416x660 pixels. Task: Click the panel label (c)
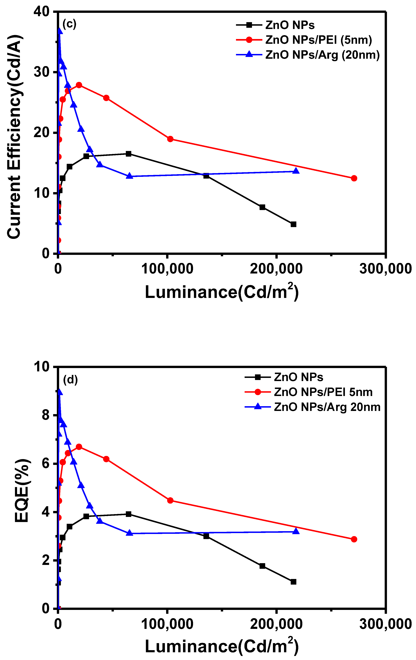click(x=69, y=24)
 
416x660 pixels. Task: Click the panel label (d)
click(x=70, y=380)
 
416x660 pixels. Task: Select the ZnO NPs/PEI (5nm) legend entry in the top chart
click(x=318, y=40)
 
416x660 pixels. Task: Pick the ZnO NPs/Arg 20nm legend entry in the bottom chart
click(x=327, y=407)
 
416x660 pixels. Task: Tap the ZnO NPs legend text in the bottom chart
click(x=299, y=377)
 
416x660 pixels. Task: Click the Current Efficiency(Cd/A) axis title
click(x=14, y=137)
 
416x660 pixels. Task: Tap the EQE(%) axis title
click(x=21, y=491)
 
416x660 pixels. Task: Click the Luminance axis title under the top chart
click(x=222, y=292)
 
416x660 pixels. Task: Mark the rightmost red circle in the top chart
click(x=354, y=178)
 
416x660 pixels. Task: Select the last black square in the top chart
click(x=293, y=224)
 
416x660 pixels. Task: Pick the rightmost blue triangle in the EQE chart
click(x=296, y=531)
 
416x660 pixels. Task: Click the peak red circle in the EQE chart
click(x=79, y=447)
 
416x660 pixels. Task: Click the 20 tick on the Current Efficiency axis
click(x=41, y=133)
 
